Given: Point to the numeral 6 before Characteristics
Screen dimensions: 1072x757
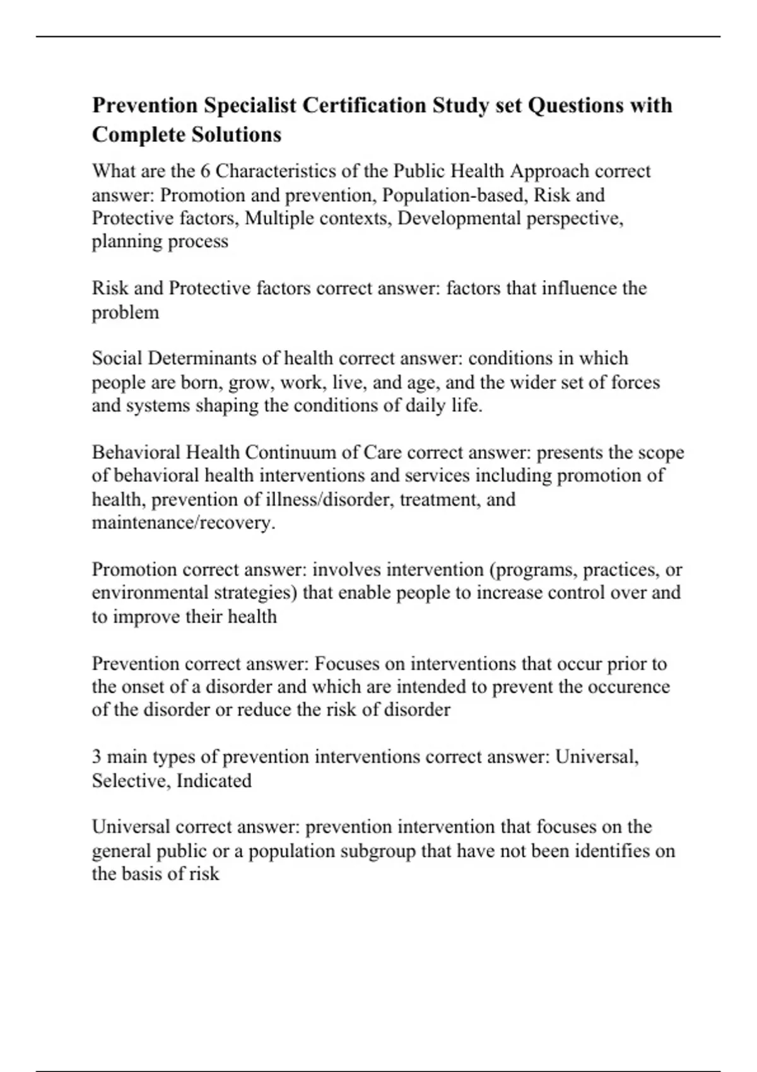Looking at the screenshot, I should click(x=205, y=172).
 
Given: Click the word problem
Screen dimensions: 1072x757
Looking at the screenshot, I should click(x=126, y=312).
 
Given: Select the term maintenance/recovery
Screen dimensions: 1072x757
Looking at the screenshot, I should click(x=184, y=523).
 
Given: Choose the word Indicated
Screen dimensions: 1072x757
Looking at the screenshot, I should click(x=214, y=781).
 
